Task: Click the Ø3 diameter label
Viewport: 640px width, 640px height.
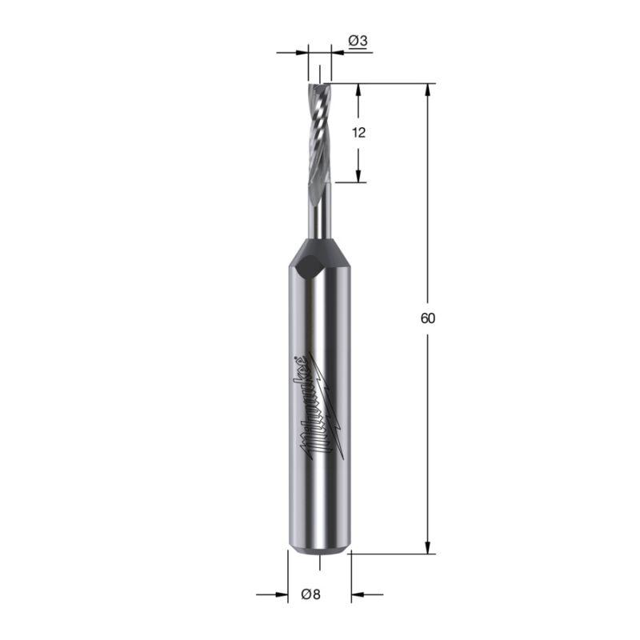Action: tap(358, 41)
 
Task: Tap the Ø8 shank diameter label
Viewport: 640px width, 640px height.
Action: tap(311, 594)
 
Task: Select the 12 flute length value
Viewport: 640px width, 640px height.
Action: tap(358, 133)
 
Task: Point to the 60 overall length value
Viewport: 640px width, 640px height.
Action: tap(428, 318)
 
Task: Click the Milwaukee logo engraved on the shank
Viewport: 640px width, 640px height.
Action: tap(322, 406)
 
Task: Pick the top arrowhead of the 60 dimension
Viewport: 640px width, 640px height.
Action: tap(428, 90)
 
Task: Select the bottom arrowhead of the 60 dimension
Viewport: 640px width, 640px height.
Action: tap(428, 547)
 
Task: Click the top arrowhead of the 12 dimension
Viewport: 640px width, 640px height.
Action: tap(358, 90)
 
